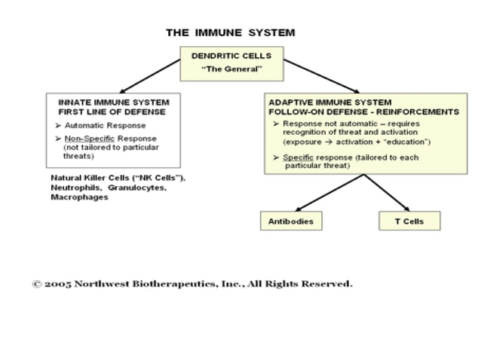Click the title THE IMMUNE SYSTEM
tap(230, 32)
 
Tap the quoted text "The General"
tap(231, 69)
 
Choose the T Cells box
tap(409, 221)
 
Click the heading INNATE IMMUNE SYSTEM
tap(114, 102)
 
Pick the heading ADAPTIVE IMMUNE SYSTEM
tap(330, 102)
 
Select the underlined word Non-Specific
tap(84, 139)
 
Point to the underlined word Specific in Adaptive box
tap(298, 157)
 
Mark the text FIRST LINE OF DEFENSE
tap(114, 111)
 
